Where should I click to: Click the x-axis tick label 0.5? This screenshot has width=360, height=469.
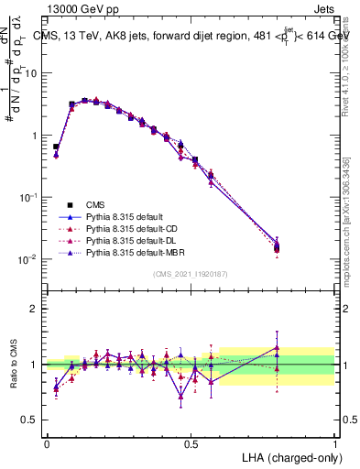[x=191, y=444]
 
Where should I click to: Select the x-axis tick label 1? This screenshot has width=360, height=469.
[x=335, y=444]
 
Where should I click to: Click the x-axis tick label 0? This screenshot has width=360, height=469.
[x=47, y=444]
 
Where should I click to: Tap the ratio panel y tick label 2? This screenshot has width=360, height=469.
[x=35, y=309]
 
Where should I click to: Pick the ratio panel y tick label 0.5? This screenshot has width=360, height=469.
[x=30, y=420]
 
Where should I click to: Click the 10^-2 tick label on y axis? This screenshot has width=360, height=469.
[x=28, y=259]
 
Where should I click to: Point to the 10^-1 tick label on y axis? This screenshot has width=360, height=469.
[x=28, y=197]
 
